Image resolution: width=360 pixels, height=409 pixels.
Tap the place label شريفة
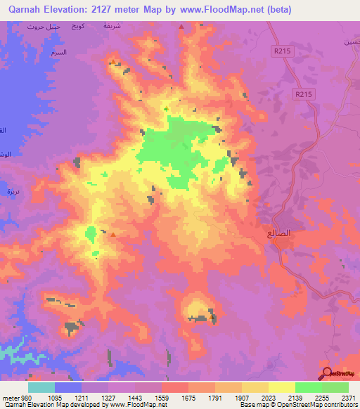pos(113,25)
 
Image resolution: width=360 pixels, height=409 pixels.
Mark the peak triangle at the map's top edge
pos(181,26)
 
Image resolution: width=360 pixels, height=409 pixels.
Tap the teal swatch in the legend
pos(41,387)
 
